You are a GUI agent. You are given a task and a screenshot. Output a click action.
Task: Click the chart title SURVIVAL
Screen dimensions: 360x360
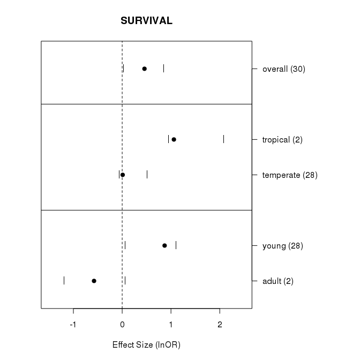click(146, 21)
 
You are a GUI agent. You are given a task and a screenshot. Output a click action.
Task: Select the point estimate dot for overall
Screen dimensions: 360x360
click(144, 69)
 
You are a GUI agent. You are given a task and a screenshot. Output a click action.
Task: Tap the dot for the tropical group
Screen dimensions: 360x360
click(174, 139)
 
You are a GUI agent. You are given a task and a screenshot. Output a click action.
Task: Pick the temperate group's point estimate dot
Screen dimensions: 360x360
click(123, 175)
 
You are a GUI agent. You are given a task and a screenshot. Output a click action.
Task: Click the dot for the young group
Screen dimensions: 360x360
click(164, 245)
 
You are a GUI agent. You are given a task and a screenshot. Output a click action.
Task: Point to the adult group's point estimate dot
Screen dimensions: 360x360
click(94, 281)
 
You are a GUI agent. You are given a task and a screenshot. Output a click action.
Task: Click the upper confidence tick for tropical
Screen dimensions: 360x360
click(223, 139)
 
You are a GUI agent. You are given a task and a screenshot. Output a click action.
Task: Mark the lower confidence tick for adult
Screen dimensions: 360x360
click(64, 281)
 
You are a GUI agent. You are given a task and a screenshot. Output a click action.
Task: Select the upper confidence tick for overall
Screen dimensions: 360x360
click(163, 69)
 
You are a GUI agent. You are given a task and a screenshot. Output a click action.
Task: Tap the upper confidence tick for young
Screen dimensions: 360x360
click(176, 245)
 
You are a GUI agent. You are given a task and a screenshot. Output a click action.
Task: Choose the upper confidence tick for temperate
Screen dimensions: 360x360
click(147, 175)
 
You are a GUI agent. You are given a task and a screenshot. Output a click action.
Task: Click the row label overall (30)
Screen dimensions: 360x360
click(284, 69)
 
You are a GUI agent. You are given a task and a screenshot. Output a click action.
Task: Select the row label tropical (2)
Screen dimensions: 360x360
click(282, 140)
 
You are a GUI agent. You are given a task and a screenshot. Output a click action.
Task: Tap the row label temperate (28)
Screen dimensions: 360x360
click(290, 175)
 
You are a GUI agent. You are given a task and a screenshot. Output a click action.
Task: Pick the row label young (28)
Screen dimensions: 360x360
click(283, 246)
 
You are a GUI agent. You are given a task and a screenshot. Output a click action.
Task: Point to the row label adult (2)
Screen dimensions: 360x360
click(278, 281)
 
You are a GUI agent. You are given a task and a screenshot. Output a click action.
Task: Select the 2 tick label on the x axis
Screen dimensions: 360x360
click(220, 324)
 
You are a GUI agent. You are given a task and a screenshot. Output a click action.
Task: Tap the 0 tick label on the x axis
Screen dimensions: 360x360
click(122, 324)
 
